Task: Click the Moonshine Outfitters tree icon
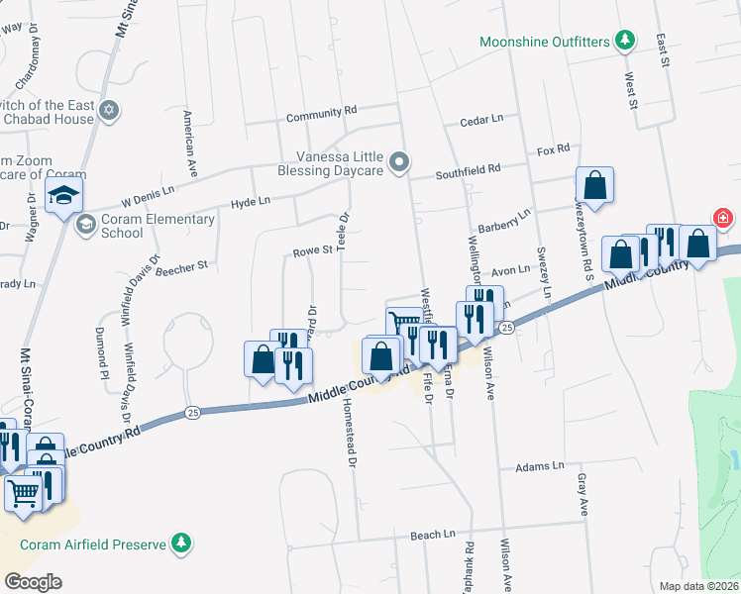click(x=624, y=41)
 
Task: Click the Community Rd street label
click(x=321, y=116)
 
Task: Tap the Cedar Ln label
click(x=481, y=120)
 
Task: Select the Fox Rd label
click(x=553, y=149)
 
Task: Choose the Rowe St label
click(x=312, y=252)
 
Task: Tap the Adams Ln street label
click(x=539, y=465)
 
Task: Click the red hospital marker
click(x=725, y=217)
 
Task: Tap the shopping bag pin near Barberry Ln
click(x=595, y=184)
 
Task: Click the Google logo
click(x=33, y=582)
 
